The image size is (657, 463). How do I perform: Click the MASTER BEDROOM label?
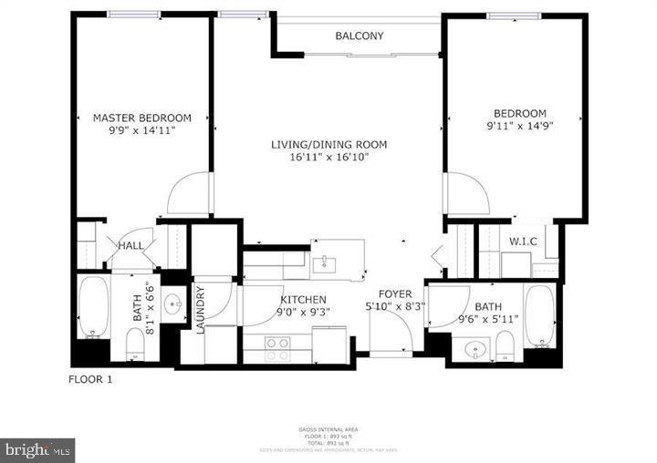(x=142, y=118)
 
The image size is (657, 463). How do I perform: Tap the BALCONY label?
(x=359, y=36)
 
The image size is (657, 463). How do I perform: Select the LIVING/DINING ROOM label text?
(x=329, y=144)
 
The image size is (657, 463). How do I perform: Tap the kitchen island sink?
(x=324, y=264)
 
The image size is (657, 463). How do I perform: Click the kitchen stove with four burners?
(x=276, y=344)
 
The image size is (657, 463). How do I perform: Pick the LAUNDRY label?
(x=200, y=311)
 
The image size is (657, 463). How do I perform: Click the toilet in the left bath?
(x=134, y=344)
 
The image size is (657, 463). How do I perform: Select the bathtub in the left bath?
(x=92, y=307)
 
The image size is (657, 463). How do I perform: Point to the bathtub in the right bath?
(x=538, y=318)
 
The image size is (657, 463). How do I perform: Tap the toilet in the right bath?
(x=505, y=345)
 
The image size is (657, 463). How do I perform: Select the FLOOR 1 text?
(x=90, y=379)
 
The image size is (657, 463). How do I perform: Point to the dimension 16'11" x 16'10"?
(x=329, y=157)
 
